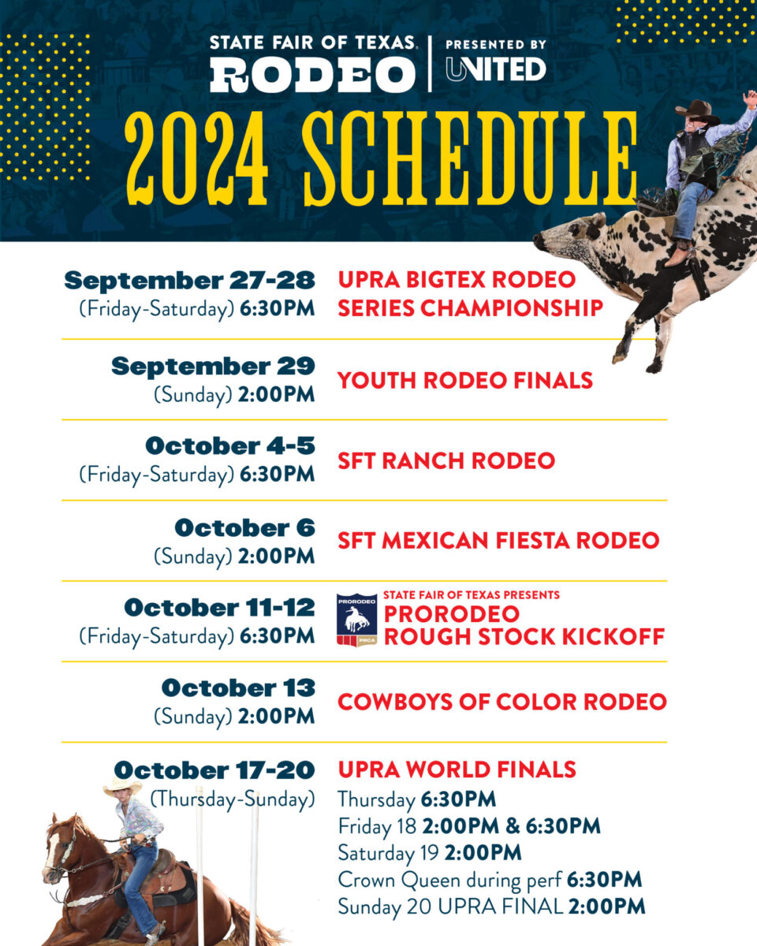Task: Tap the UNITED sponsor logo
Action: pos(495,69)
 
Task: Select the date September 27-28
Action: pos(189,280)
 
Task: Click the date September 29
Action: pos(213,366)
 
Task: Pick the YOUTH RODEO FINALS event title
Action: pos(465,380)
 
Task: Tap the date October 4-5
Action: pos(229,445)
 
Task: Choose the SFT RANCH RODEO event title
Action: pos(446,460)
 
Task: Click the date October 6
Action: pos(244,527)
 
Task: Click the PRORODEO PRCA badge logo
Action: pos(356,620)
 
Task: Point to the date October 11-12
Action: pos(219,608)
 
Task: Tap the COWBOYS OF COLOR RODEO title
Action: pos(502,702)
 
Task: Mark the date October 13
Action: pos(238,688)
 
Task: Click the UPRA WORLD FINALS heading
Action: pos(457,769)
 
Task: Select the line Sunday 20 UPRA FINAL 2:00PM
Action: pos(491,907)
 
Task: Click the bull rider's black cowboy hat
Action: pos(697,111)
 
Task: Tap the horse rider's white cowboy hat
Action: pos(122,786)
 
